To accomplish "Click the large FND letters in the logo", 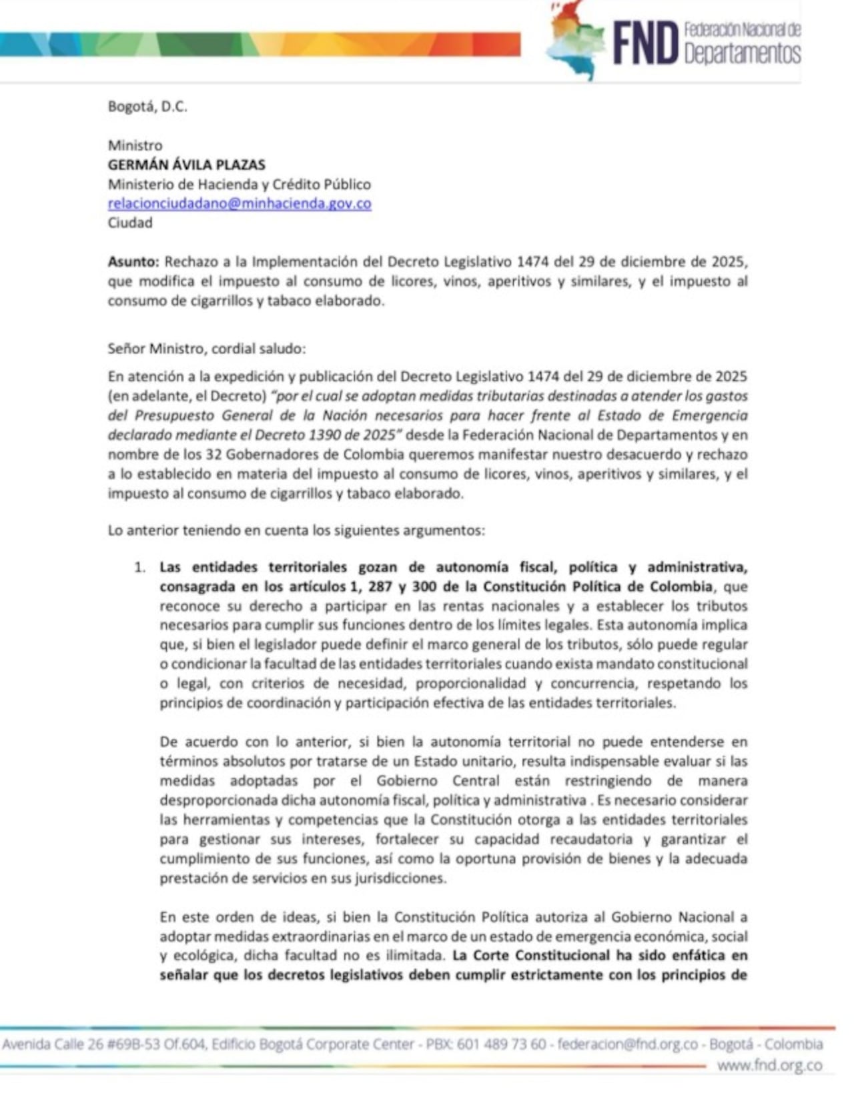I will coord(645,42).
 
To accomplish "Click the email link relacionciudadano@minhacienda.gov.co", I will coord(240,203).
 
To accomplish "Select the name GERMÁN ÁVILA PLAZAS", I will coord(187,165).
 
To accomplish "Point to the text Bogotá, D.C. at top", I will coord(147,106).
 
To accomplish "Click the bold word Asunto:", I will coord(133,261).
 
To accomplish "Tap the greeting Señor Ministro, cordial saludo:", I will coord(207,348).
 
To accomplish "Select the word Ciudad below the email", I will coord(130,223).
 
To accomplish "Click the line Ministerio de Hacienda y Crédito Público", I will coord(240,184).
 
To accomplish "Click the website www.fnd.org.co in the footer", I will coord(769,1066).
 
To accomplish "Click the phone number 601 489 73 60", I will coord(502,1044).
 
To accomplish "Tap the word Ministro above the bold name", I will coord(135,145).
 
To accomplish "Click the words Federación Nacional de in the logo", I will coord(742,29).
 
